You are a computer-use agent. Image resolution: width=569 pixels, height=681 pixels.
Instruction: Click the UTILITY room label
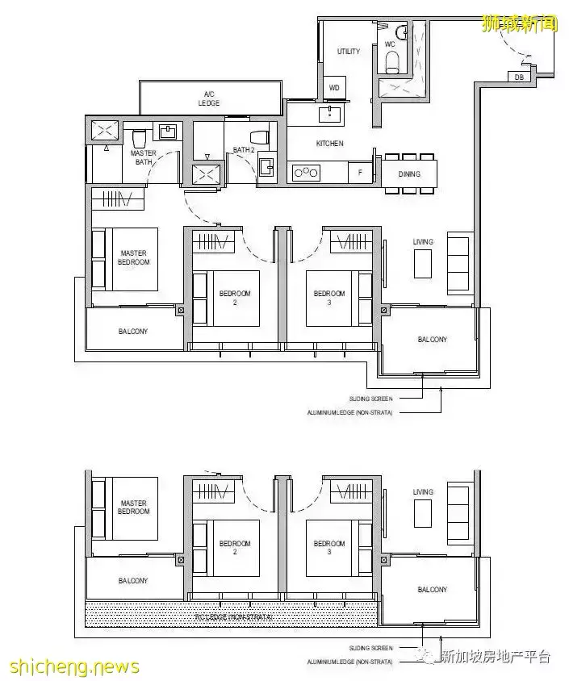349,52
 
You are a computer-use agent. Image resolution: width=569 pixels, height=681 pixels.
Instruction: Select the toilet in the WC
392,61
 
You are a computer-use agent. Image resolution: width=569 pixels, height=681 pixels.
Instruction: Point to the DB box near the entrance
517,77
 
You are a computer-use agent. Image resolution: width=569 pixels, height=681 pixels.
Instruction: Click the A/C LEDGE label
210,98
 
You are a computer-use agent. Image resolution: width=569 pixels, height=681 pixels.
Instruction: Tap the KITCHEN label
329,144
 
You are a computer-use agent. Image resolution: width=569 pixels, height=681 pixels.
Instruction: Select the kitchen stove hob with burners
307,172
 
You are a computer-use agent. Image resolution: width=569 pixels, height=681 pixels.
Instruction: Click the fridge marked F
360,172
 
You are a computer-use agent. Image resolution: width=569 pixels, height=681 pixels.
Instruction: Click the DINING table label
410,173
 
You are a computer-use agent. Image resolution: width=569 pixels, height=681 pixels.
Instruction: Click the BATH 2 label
244,149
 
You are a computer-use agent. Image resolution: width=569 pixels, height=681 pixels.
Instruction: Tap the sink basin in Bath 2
266,166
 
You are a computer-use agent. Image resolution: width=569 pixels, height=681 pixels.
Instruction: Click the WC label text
390,44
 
